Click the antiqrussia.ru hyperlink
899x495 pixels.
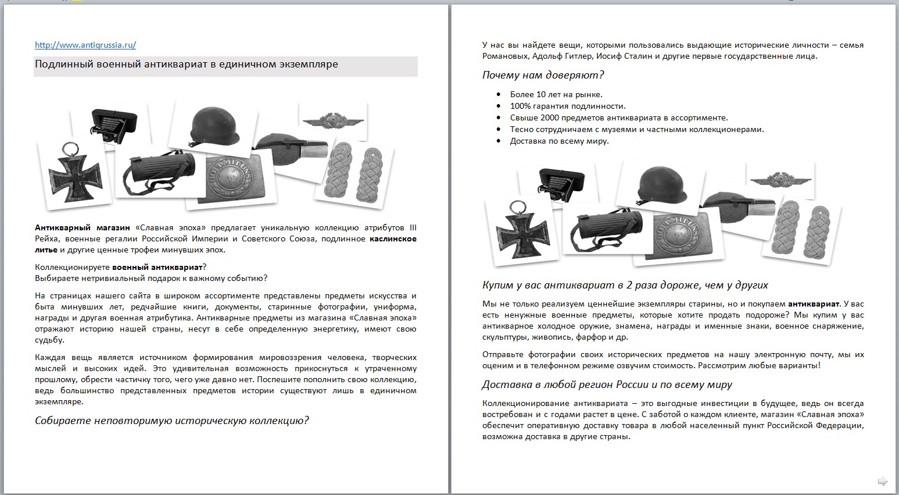coord(85,45)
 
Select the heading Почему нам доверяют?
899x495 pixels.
coord(543,75)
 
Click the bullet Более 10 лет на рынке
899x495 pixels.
coord(556,94)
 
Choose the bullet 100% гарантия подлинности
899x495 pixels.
coord(568,106)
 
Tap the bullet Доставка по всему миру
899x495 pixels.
coord(559,141)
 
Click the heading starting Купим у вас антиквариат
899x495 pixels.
coord(625,285)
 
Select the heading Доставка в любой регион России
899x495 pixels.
coord(607,384)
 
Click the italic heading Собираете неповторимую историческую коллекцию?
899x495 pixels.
coord(171,421)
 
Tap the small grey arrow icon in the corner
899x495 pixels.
coord(882,480)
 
